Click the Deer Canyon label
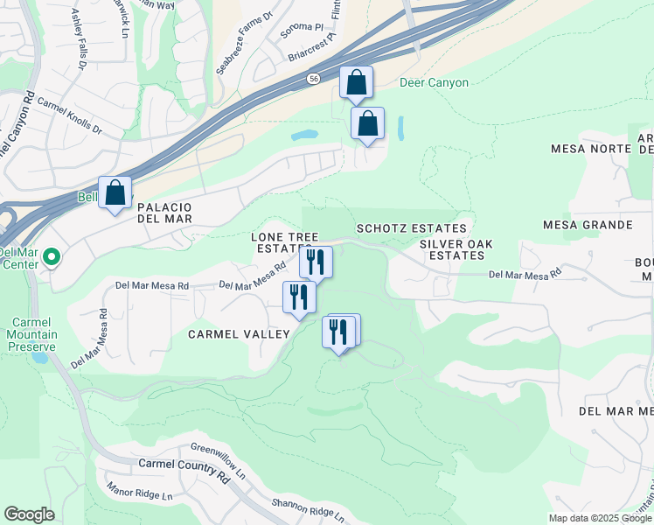click(x=434, y=83)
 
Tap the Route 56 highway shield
click(x=313, y=79)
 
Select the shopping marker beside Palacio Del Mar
click(x=115, y=193)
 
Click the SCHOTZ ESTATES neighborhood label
click(x=411, y=228)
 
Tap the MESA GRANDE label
click(x=587, y=225)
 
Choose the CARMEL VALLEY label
click(x=238, y=334)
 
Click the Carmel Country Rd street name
click(x=182, y=465)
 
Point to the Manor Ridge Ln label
click(x=139, y=490)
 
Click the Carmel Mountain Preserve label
click(x=31, y=333)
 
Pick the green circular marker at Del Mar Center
click(x=51, y=257)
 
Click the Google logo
click(x=29, y=514)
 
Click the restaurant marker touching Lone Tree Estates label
click(x=316, y=261)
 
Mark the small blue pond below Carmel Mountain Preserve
click(x=38, y=357)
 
